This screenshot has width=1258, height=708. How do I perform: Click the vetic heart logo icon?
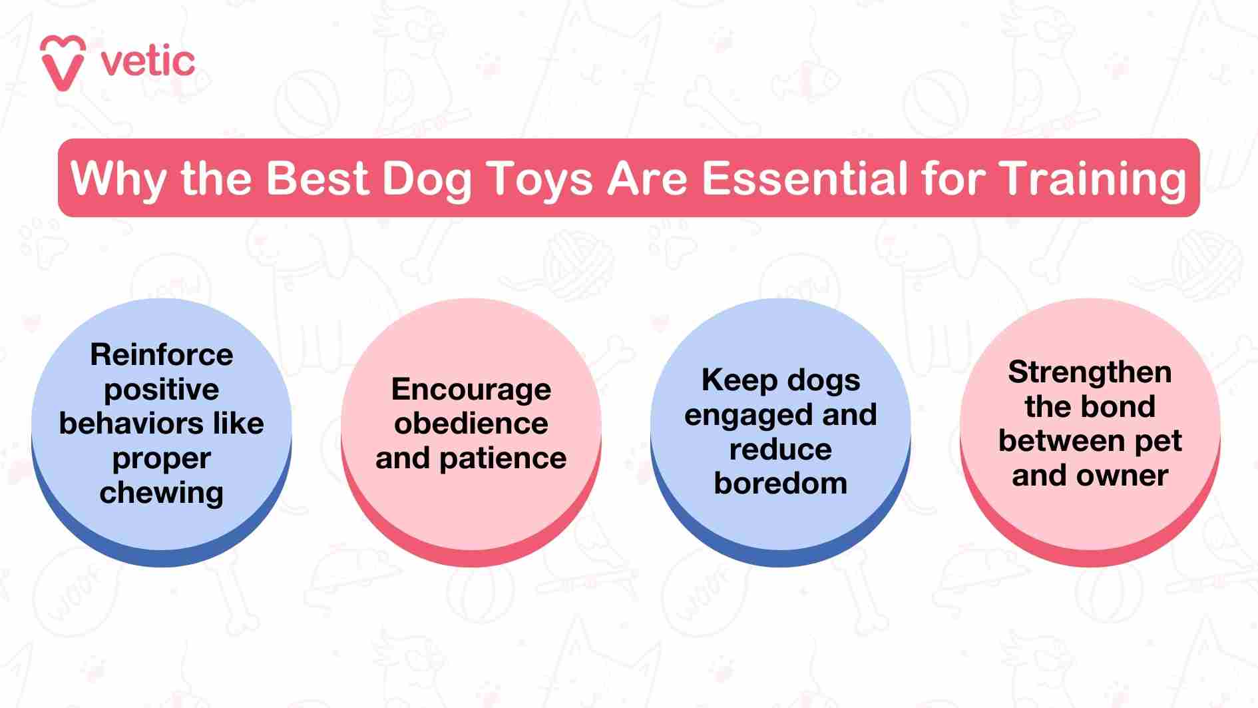tap(63, 63)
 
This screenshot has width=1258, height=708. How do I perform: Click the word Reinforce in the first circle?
tap(162, 354)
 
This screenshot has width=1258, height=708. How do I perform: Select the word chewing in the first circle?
tap(162, 494)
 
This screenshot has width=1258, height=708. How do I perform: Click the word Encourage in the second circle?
tap(471, 390)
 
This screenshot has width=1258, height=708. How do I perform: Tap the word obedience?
tap(471, 424)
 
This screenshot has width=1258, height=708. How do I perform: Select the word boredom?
tap(781, 484)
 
